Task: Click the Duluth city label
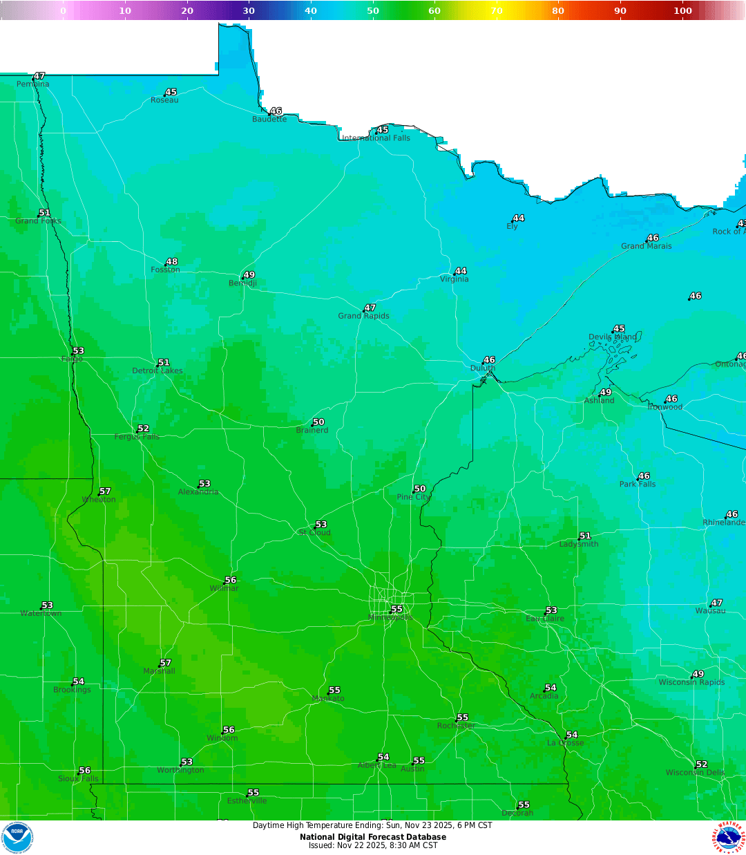pyautogui.click(x=483, y=368)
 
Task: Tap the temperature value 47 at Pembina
pyautogui.click(x=39, y=76)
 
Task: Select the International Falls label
pyautogui.click(x=376, y=138)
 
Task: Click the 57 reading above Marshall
pyautogui.click(x=165, y=663)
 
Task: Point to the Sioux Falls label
pyautogui.click(x=78, y=778)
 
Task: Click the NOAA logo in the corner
pyautogui.click(x=17, y=837)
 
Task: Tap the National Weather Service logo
pyautogui.click(x=729, y=837)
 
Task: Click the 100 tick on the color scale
pyautogui.click(x=682, y=10)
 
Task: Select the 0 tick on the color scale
pyautogui.click(x=63, y=10)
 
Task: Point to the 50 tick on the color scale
pyautogui.click(x=373, y=10)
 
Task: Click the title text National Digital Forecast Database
pyautogui.click(x=373, y=837)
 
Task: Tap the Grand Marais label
pyautogui.click(x=646, y=246)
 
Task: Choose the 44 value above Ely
pyautogui.click(x=519, y=218)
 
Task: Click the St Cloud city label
pyautogui.click(x=315, y=533)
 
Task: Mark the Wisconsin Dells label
pyautogui.click(x=695, y=773)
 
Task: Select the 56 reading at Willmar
pyautogui.click(x=231, y=580)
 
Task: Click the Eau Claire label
pyautogui.click(x=545, y=619)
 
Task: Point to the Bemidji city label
pyautogui.click(x=242, y=283)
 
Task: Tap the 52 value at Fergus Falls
pyautogui.click(x=143, y=429)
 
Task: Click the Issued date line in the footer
pyautogui.click(x=373, y=845)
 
